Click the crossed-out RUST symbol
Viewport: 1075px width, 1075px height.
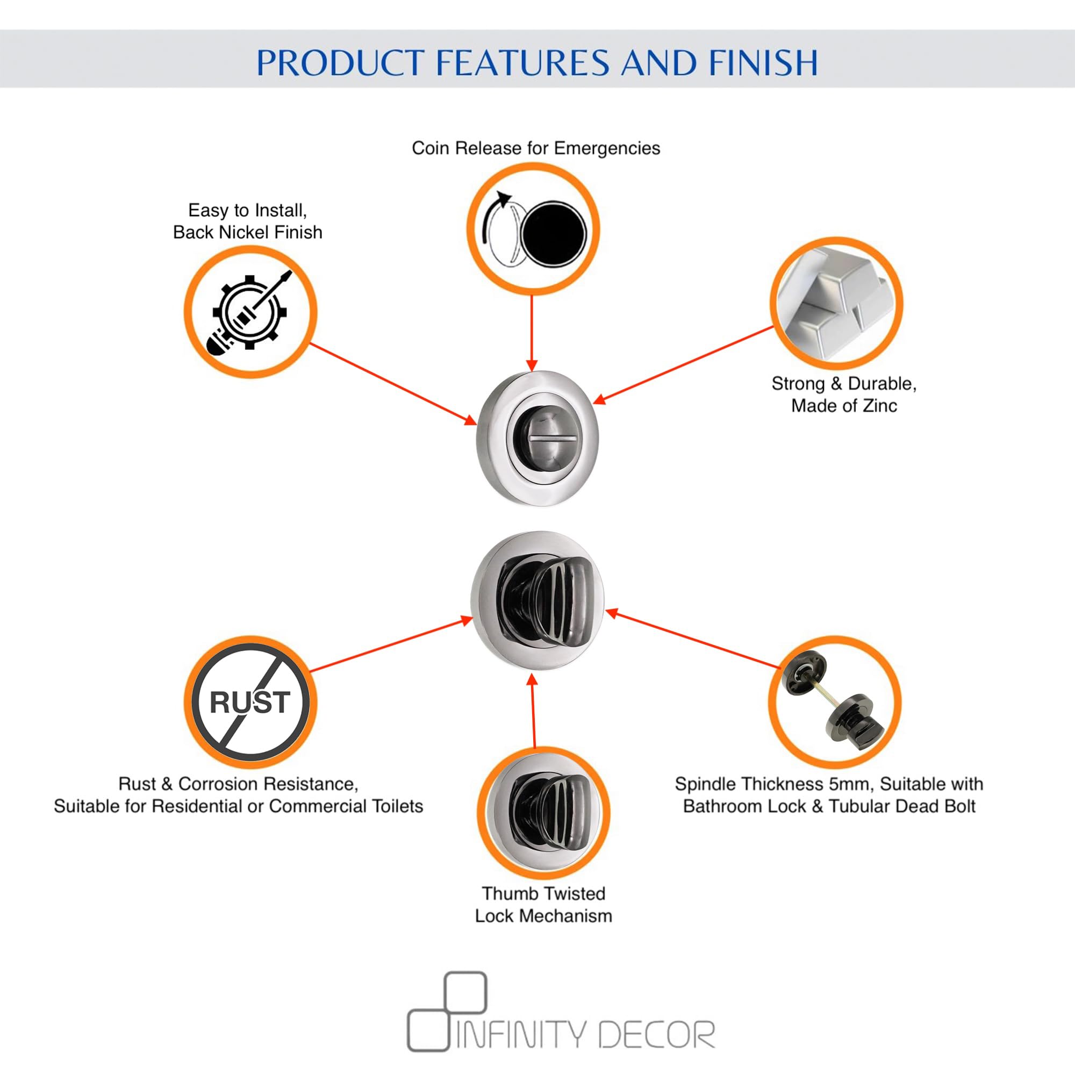pos(250,702)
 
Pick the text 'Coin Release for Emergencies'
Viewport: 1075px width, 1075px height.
pos(536,148)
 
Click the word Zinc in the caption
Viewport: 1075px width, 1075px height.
pos(879,406)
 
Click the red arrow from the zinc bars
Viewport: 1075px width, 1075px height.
pos(684,364)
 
